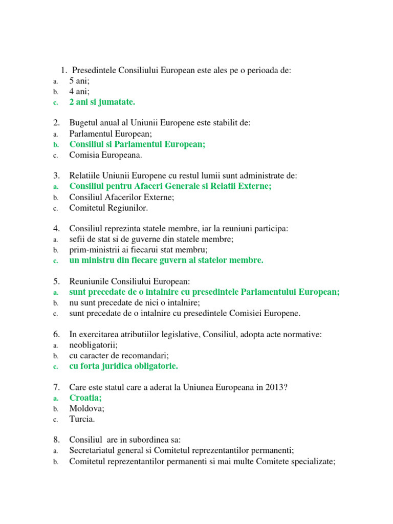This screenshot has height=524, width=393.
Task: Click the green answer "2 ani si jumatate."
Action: [102, 102]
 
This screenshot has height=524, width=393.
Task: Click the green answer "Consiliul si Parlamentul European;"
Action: [137, 144]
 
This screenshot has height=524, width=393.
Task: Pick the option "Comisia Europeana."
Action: [106, 155]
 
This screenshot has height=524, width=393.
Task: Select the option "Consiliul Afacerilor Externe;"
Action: [122, 197]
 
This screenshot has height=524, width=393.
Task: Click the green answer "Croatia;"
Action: [85, 398]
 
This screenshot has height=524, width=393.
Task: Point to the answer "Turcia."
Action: [82, 419]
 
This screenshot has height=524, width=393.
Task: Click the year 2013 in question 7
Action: [275, 387]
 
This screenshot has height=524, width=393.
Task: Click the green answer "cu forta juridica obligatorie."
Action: [124, 366]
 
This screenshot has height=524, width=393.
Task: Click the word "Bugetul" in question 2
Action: [84, 123]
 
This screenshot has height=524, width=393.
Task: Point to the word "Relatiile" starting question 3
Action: [85, 176]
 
